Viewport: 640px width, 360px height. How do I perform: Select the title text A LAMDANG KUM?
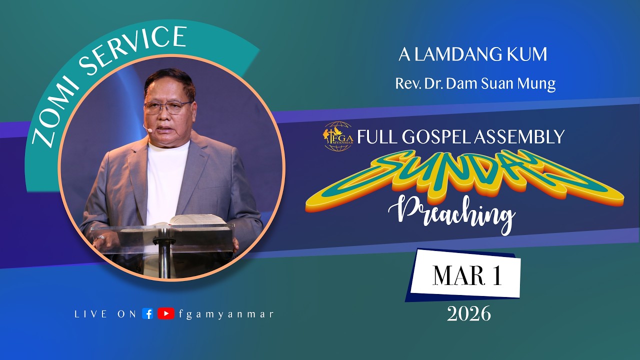[x=472, y=55]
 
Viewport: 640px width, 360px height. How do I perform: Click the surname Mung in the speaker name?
[x=537, y=83]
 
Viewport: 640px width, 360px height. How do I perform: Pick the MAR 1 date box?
[x=466, y=276]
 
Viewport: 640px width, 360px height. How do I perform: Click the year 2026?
[x=468, y=314]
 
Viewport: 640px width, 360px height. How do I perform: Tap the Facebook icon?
[x=147, y=314]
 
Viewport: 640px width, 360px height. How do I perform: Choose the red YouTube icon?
[x=165, y=314]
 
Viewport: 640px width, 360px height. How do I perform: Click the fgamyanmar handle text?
[x=225, y=314]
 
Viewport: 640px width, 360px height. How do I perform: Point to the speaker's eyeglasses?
[x=167, y=106]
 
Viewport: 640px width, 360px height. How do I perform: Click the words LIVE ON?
[x=105, y=314]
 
